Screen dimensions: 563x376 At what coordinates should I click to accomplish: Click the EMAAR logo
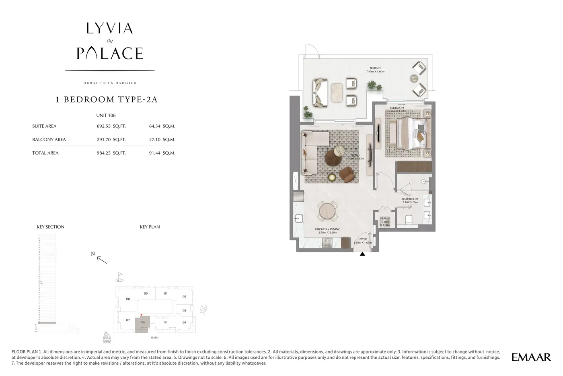531,357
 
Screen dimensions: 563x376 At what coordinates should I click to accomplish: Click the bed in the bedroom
410,133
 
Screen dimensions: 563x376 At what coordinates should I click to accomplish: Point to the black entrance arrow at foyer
362,254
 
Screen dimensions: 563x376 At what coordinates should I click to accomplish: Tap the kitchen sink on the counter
298,219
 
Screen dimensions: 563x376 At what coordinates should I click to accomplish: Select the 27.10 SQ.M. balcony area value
162,140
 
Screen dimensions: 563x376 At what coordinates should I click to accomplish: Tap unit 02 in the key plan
184,297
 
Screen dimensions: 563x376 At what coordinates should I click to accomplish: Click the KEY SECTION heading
51,227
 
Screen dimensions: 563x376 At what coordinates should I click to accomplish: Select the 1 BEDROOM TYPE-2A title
107,100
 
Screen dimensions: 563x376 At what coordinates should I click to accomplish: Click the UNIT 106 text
106,116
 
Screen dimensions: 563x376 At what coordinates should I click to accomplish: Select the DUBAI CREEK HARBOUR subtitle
110,83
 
